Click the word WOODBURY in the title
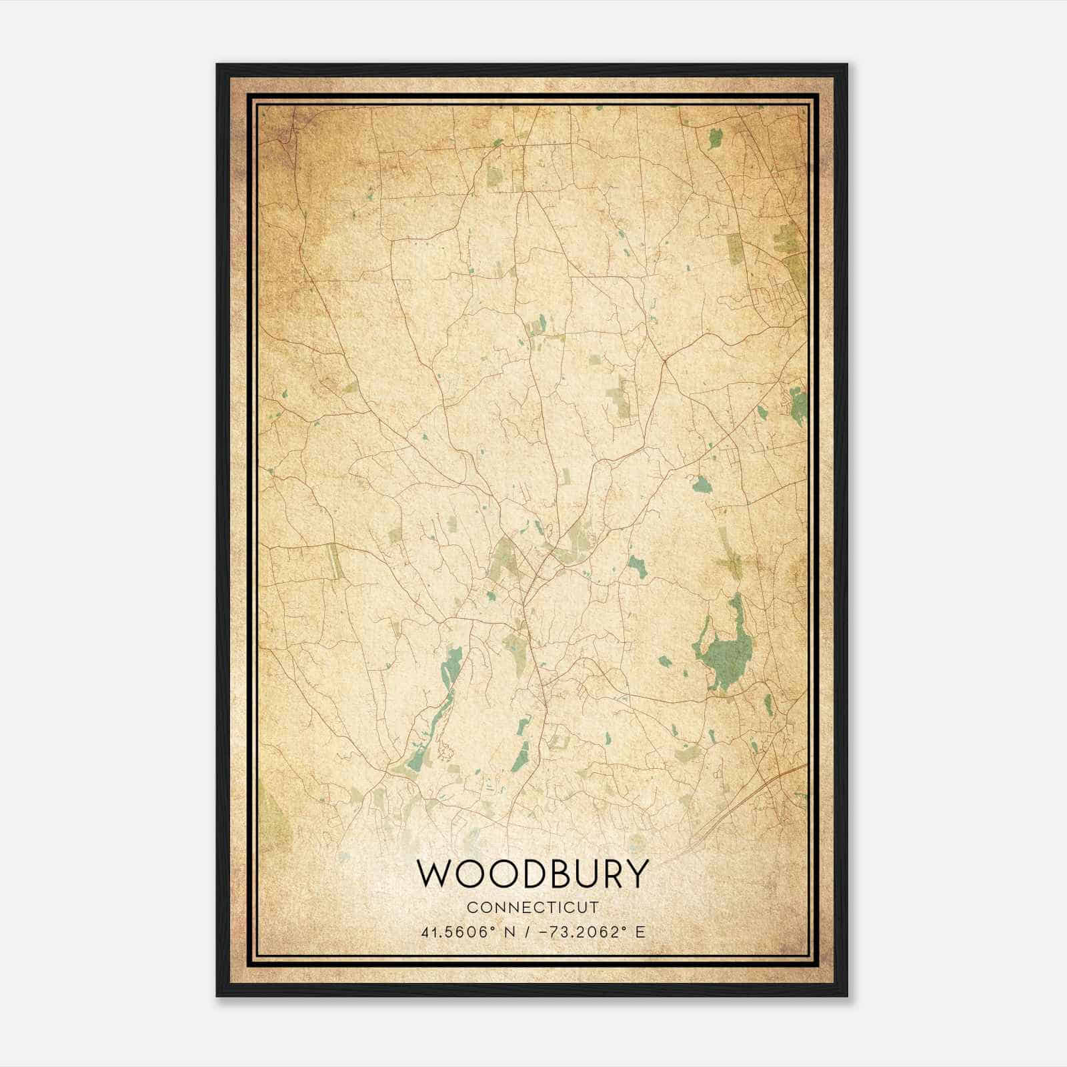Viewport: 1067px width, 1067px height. [532, 874]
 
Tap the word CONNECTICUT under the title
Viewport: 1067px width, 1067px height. [533, 908]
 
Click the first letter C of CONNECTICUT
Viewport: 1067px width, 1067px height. [471, 908]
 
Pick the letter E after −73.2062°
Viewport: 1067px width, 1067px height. [641, 932]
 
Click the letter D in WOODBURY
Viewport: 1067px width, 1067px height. [525, 874]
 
